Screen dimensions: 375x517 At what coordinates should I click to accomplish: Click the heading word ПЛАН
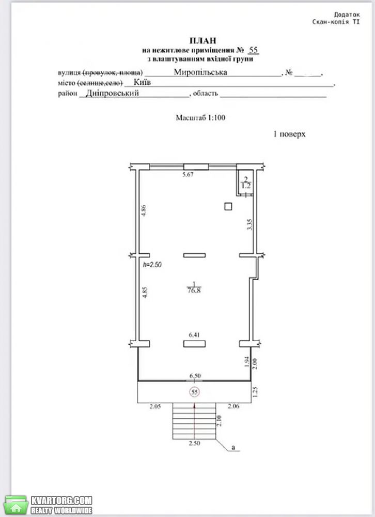[202, 40]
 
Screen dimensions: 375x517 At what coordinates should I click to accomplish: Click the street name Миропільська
[200, 72]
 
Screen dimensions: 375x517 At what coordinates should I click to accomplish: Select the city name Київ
[143, 82]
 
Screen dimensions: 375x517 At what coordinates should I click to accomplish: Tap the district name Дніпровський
[113, 93]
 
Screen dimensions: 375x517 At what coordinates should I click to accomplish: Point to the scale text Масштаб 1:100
[200, 118]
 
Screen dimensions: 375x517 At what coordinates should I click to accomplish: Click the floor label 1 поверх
[289, 134]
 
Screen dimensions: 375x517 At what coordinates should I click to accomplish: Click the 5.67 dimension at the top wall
[188, 174]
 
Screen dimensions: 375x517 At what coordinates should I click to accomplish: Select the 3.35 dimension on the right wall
[250, 224]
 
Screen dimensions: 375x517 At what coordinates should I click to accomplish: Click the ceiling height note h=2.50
[152, 264]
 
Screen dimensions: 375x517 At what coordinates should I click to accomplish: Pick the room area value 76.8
[194, 291]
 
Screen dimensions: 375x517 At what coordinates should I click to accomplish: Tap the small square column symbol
[228, 206]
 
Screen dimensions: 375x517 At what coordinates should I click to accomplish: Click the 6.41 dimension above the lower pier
[194, 335]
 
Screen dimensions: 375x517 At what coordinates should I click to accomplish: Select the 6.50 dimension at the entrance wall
[195, 376]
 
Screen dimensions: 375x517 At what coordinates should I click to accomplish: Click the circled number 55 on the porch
[194, 392]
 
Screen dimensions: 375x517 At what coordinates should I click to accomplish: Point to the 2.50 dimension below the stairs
[194, 443]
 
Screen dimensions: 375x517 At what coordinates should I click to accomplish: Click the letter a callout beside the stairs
[233, 447]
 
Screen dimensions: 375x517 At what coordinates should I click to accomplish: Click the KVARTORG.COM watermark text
[61, 500]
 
